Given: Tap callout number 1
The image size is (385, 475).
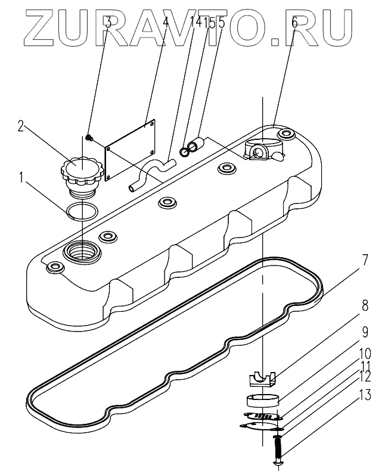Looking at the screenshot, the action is (x=21, y=178).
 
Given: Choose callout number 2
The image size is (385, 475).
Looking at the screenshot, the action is (x=21, y=126).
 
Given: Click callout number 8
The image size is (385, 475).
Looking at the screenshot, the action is (x=365, y=306).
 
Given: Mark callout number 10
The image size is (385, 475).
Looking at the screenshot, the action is (x=365, y=354).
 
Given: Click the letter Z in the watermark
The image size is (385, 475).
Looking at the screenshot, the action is (x=44, y=28).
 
